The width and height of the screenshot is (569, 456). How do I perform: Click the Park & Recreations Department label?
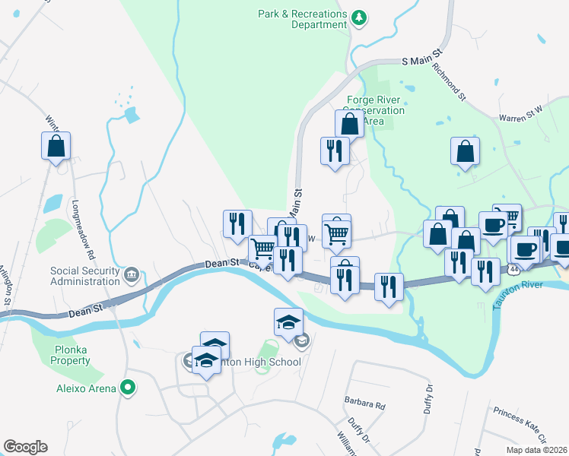tap(302, 19)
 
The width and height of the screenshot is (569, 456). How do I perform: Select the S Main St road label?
tap(421, 59)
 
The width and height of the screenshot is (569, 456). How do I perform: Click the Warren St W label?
tap(521, 114)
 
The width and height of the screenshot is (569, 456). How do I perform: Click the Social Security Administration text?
tap(84, 276)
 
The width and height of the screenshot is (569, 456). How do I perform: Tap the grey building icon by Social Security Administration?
tap(131, 274)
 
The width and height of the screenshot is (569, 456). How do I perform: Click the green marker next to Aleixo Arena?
tap(128, 388)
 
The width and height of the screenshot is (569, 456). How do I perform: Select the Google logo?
tap(25, 447)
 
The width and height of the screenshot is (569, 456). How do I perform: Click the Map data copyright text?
tap(536, 450)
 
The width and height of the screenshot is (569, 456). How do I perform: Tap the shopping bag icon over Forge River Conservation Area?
tap(349, 123)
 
